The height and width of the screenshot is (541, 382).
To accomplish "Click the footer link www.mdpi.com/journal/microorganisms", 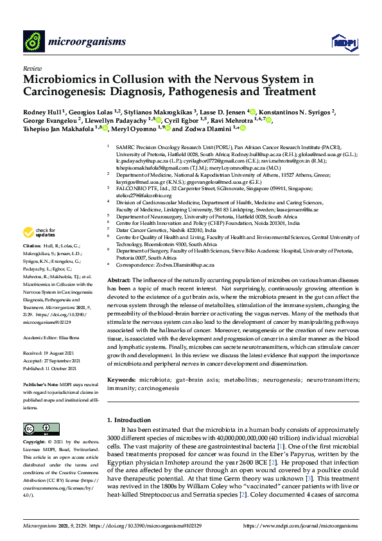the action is click(300, 526).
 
